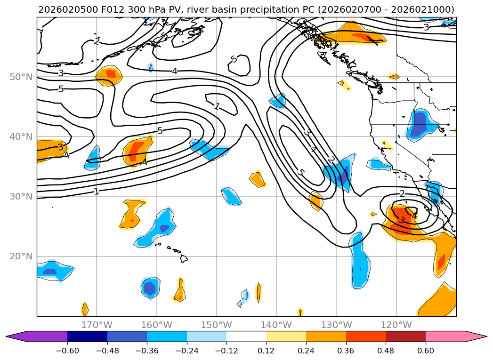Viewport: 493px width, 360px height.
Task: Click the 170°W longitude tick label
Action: tap(97, 325)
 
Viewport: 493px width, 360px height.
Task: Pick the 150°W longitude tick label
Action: tap(217, 325)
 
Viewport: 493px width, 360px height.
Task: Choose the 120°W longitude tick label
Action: tap(396, 325)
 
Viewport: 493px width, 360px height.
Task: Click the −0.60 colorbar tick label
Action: tap(67, 351)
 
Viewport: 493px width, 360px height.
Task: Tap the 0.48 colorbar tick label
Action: tap(386, 351)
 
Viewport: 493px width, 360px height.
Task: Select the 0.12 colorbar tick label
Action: tap(267, 351)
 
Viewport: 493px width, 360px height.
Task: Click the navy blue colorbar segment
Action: tap(87, 336)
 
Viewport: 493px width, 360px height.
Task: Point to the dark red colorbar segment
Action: tap(405, 336)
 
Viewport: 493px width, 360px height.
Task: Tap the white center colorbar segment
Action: tap(246, 336)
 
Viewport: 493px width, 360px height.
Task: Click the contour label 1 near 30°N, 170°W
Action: tap(97, 192)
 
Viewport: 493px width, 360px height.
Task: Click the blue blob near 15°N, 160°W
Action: tap(150, 287)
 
